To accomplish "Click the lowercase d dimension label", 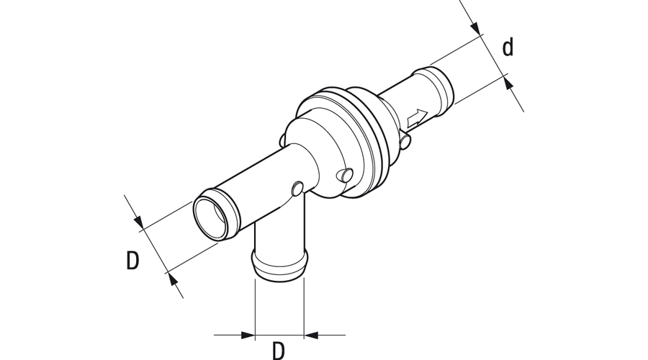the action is pos(508,47).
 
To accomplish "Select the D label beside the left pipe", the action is pos(132,261).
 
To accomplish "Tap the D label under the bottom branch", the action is pos(279,351).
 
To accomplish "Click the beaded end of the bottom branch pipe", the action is pos(280,265).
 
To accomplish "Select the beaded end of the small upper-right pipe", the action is pos(434,88).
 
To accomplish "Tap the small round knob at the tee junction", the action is pos(297,189).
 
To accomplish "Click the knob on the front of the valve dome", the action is pos(346,175).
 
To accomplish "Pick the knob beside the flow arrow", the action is pos(405,140).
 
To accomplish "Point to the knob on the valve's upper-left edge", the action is pos(282,140).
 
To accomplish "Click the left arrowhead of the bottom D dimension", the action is pos(248,335).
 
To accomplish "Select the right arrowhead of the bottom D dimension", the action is pos(311,335).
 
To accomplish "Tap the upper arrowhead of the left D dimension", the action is pos(138,222).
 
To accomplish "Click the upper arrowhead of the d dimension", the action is pos(476,27).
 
